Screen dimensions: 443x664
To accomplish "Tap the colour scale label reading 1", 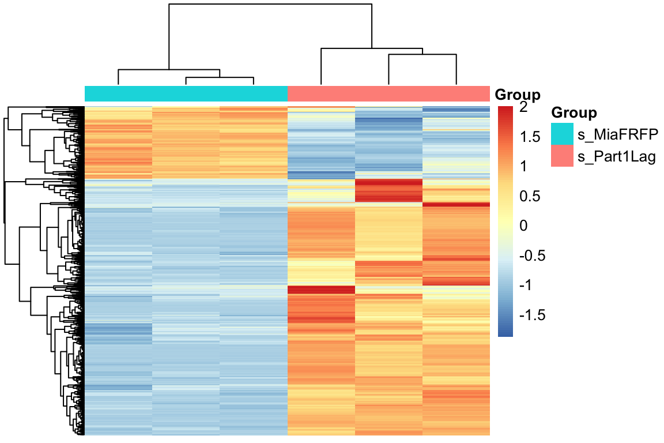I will click(523, 167).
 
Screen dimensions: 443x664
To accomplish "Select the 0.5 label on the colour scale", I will click(529, 196).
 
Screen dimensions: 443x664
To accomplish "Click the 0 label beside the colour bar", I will click(523, 226).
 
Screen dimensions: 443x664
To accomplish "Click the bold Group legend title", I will click(574, 112).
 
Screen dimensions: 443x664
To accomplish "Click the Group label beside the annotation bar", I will click(518, 95).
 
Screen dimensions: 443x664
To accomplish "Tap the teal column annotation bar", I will click(186, 93).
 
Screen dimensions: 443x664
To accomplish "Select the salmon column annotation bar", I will click(388, 93).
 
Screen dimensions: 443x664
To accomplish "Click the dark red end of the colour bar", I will click(505, 110).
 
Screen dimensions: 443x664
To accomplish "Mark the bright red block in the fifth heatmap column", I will click(388, 190).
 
